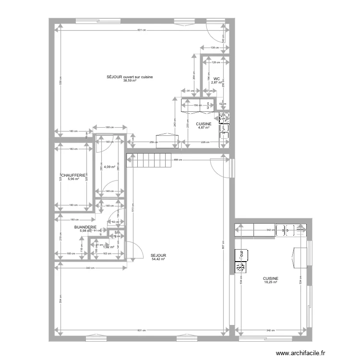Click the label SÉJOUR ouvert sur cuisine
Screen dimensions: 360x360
coord(129,77)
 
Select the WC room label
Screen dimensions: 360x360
coord(217,79)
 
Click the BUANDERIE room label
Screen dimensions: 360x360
coord(85,227)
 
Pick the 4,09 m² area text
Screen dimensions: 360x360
coord(109,167)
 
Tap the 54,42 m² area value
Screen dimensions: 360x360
coord(158,259)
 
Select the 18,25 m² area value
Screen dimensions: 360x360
coord(271,282)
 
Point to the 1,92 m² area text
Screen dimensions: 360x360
coord(109,247)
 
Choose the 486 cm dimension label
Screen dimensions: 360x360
coord(178,160)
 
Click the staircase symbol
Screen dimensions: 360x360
coord(148,160)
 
